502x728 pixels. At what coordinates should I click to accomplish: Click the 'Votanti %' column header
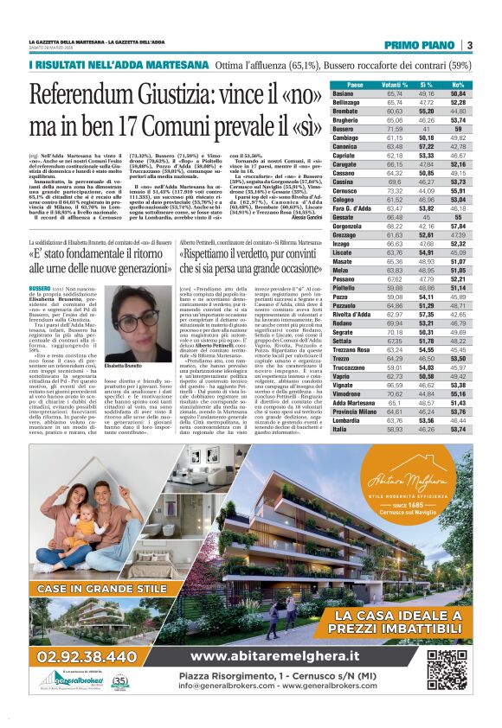[395, 85]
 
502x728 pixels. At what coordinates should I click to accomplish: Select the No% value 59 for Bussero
[458, 127]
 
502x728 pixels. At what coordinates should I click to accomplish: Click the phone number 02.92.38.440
[77, 657]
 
